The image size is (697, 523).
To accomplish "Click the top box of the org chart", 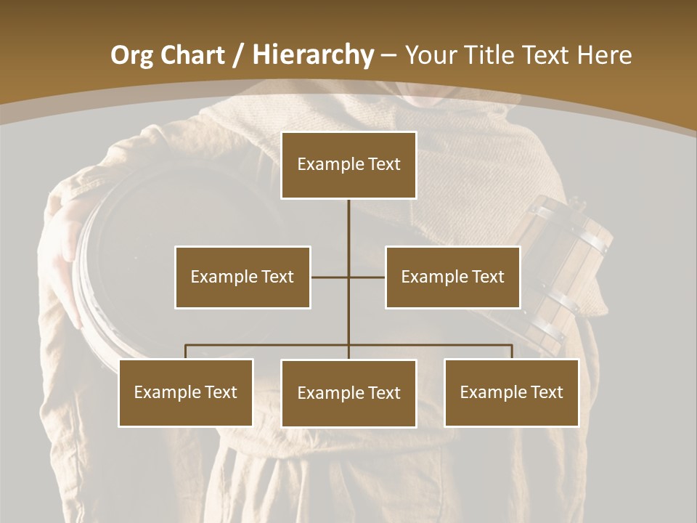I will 348,165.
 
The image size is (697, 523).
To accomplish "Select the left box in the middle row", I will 242,277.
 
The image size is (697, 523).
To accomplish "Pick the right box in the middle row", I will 452,277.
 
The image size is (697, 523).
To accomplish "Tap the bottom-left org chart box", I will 186,392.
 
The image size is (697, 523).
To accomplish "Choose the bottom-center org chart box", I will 348,393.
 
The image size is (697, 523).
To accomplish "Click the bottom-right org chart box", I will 511,392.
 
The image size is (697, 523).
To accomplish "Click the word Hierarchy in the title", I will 312,55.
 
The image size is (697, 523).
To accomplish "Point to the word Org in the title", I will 131,55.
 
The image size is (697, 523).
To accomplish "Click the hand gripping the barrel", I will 69,254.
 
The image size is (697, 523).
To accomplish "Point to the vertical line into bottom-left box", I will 186,352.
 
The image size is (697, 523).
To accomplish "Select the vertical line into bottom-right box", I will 512,352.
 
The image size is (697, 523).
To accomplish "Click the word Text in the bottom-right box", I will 546,392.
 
